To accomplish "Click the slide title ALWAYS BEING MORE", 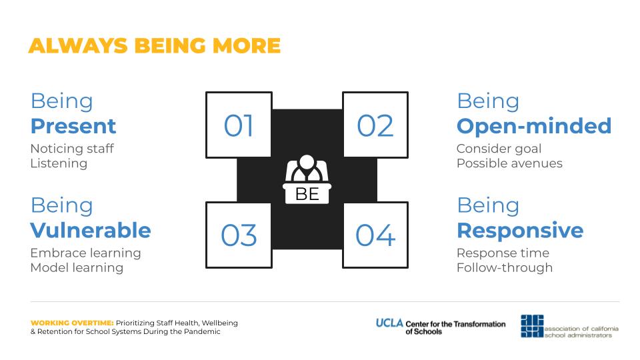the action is pos(155,45).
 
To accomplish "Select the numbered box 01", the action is pos(239,125).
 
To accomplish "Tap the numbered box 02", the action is pos(375,125).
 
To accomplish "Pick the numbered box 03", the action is pos(239,235).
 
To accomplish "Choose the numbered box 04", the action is pos(375,235).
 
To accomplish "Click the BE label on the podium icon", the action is pos(307,194).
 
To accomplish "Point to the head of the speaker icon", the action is pos(307,162).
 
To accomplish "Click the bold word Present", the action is pos(73,126).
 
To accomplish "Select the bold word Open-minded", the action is pos(534,126).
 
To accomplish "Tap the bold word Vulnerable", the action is pos(91,230).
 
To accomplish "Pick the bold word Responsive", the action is pos(521,231).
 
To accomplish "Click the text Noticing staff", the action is pos(72,149).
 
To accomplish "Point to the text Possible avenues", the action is pos(509,163).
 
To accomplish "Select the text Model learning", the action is pos(77,268).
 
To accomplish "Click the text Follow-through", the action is pos(505,268).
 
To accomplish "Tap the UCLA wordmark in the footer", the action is pos(389,323).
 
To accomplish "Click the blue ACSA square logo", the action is pos(532,326).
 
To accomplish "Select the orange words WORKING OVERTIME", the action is pos(72,323).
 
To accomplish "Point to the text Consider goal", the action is pos(499,149).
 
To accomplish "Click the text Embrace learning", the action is pos(86,253).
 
